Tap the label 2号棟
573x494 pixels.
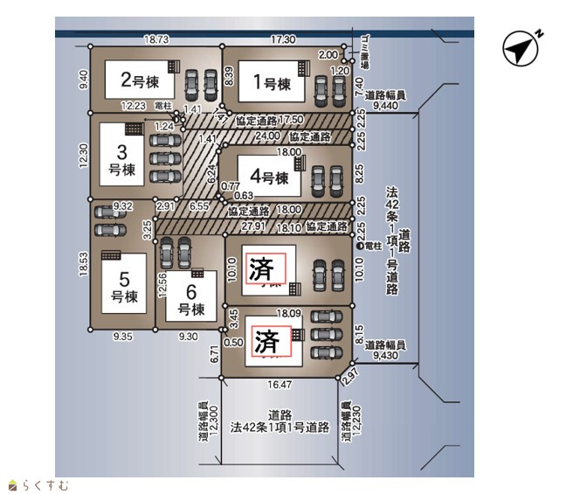(x=140, y=81)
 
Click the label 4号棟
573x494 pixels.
(x=269, y=179)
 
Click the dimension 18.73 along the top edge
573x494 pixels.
(x=157, y=39)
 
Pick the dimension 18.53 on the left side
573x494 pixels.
(x=84, y=263)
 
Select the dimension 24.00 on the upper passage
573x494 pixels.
(x=268, y=136)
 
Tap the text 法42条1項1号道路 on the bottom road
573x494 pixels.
(x=280, y=428)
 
